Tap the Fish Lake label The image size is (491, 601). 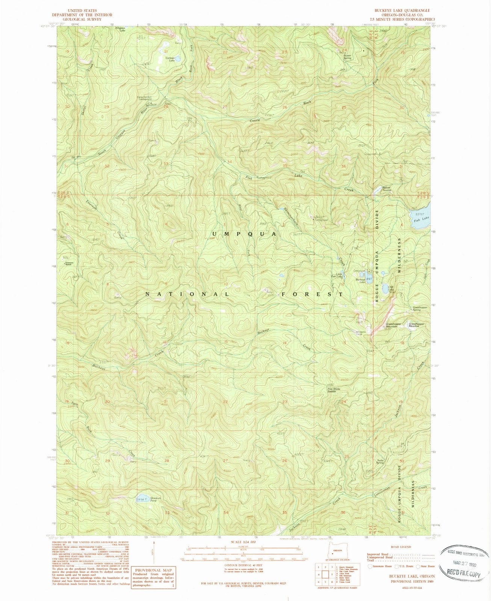click(x=421, y=218)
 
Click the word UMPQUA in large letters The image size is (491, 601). click(x=244, y=234)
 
